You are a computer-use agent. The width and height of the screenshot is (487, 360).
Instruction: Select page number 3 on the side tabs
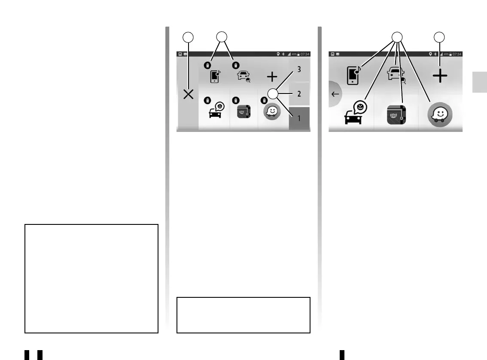[299, 69]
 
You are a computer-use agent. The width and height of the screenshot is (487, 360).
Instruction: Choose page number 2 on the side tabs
[299, 93]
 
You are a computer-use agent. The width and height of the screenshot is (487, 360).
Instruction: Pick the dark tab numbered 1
[299, 118]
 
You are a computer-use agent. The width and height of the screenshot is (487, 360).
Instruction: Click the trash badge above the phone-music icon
[207, 65]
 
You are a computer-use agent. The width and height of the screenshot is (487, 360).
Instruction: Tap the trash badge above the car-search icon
[235, 65]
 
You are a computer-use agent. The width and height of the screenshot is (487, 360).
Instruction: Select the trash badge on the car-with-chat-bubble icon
[207, 100]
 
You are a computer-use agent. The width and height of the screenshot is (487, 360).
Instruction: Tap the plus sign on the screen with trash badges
[272, 77]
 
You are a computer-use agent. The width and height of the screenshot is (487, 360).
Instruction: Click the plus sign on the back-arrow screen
[439, 76]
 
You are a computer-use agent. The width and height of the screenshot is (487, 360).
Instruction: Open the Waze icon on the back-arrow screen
[440, 115]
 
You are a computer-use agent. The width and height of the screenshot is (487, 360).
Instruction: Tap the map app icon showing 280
[396, 115]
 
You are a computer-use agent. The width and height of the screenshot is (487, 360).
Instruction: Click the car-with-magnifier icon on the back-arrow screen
[396, 75]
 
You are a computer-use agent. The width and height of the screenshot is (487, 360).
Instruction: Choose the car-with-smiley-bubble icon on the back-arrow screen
[354, 114]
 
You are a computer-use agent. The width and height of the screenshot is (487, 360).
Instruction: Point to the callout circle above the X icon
[188, 37]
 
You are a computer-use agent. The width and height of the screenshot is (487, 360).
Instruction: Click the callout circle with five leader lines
[398, 37]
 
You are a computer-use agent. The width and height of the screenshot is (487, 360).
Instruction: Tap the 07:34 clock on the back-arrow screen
[457, 54]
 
